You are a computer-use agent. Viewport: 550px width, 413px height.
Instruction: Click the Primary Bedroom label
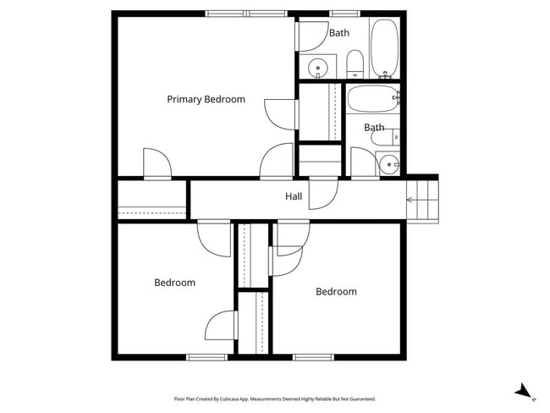206,100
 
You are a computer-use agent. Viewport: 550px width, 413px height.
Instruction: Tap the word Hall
294,196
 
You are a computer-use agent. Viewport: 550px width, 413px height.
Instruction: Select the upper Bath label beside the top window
339,33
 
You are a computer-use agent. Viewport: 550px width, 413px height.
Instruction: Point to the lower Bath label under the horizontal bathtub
374,128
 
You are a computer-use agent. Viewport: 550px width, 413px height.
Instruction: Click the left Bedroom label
174,283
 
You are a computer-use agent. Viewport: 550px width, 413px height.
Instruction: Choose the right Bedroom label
336,292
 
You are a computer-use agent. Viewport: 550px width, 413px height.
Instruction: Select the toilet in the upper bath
355,63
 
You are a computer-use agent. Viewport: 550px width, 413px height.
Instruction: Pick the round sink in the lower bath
389,164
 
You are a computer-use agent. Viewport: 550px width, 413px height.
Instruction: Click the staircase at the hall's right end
423,200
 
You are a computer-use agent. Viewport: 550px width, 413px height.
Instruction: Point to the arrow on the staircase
411,201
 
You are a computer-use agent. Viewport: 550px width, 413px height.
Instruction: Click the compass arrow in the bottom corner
525,391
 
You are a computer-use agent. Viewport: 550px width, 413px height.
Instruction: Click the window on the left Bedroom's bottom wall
207,357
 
